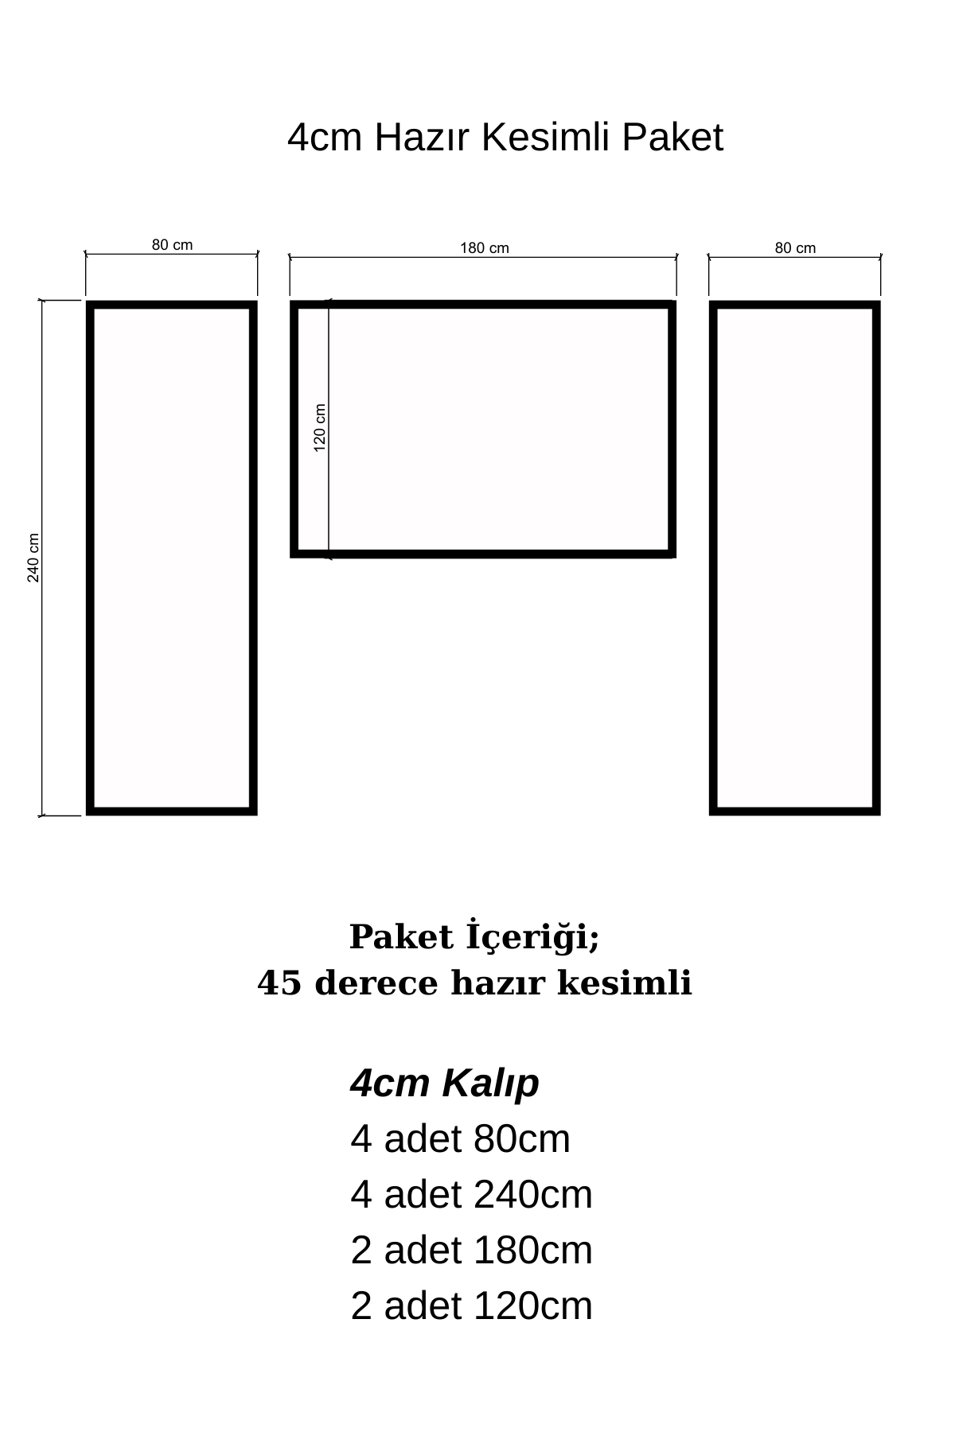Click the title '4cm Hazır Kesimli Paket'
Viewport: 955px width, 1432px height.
click(505, 138)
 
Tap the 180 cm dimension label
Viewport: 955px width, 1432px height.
click(485, 248)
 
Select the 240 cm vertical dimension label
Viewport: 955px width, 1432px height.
click(33, 557)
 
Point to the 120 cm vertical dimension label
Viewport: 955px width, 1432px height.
click(320, 428)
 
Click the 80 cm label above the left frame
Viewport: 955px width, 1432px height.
click(172, 245)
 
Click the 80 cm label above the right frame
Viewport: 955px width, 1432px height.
click(795, 248)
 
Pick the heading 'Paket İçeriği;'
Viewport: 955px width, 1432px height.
click(474, 937)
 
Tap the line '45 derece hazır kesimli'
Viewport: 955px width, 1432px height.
click(475, 984)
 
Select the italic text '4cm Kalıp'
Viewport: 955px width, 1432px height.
click(444, 1084)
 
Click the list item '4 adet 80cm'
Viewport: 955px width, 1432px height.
click(460, 1139)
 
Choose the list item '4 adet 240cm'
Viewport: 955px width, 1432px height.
click(471, 1195)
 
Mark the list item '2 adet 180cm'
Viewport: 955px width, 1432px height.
click(471, 1251)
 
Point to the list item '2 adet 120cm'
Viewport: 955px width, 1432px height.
click(471, 1306)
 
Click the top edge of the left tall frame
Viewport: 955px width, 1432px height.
click(172, 305)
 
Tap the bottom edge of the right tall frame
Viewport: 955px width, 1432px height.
click(795, 811)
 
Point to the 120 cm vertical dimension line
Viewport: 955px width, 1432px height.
click(329, 493)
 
